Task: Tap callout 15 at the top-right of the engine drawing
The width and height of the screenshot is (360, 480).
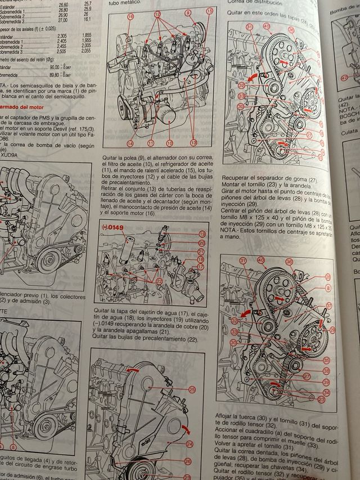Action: coord(209,11)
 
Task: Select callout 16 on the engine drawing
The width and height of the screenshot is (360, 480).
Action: coord(130,16)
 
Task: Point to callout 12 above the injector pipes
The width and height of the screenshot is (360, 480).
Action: coord(157,13)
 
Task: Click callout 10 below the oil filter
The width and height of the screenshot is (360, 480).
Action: coord(169,144)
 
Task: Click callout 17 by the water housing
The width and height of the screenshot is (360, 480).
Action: coord(201,268)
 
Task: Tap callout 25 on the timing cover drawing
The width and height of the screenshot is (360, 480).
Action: coord(192,389)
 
